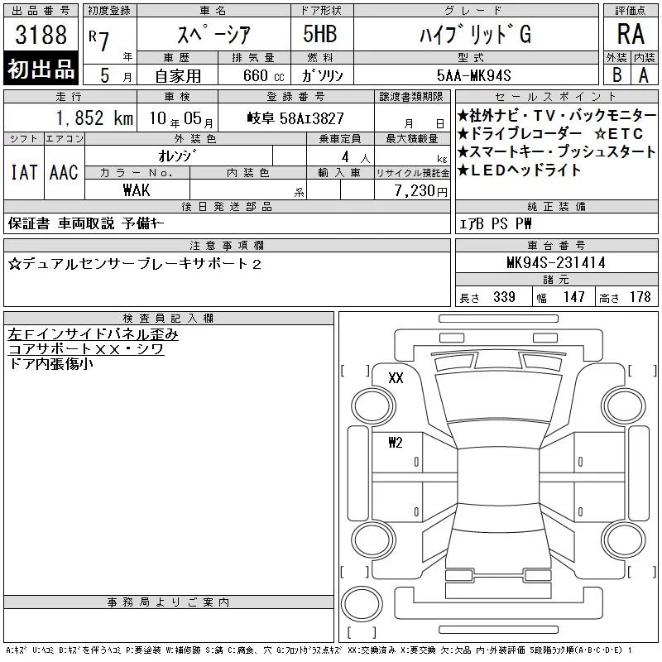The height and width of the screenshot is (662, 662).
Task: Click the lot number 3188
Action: (x=41, y=35)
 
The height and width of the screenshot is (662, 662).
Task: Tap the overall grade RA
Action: (x=631, y=34)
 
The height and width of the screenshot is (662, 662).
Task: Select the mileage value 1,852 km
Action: (x=94, y=118)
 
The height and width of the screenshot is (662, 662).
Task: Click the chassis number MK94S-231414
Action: (x=556, y=262)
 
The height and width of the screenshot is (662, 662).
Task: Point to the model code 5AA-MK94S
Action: (x=473, y=75)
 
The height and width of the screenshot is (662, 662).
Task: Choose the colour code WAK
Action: (x=137, y=190)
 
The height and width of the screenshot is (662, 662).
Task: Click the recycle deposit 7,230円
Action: (x=420, y=191)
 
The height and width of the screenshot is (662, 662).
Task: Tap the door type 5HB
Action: (x=320, y=34)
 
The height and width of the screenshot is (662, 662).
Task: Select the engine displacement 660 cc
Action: (x=263, y=76)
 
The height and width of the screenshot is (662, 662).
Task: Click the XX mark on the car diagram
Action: (x=396, y=377)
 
